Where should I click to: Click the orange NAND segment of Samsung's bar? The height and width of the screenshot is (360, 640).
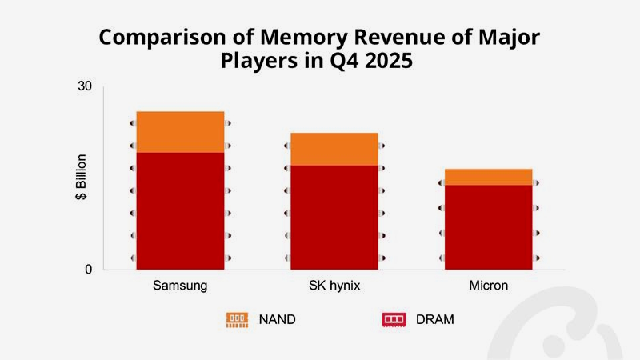click(x=180, y=131)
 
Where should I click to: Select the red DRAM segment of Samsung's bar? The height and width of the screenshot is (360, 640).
click(x=180, y=210)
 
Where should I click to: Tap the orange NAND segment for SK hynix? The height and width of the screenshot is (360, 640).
click(x=334, y=149)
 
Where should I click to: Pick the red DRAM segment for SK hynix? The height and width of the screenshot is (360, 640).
click(x=334, y=217)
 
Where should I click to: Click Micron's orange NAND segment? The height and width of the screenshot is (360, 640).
click(x=488, y=177)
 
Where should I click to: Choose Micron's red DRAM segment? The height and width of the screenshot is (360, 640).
click(x=488, y=227)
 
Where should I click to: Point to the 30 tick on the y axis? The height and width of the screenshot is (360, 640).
click(x=85, y=86)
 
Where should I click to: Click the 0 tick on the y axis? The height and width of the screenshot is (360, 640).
click(x=88, y=270)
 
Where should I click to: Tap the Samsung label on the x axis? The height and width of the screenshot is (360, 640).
click(x=180, y=286)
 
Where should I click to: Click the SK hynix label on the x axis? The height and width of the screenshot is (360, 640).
click(x=334, y=286)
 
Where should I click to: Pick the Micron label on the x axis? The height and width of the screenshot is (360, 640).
click(x=488, y=286)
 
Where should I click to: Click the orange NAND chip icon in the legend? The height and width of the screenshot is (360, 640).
click(x=237, y=319)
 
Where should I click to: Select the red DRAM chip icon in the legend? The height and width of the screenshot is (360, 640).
click(x=394, y=319)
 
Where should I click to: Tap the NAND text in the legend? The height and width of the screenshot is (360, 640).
click(x=277, y=319)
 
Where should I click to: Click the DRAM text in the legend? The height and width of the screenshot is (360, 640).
click(x=434, y=319)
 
